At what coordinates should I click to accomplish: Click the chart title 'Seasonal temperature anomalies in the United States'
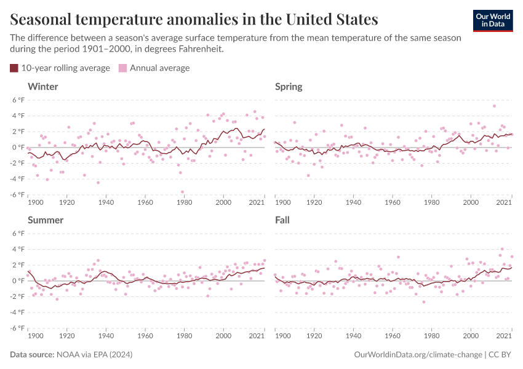pyautogui.click(x=194, y=19)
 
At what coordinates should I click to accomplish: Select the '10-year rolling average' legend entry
pyautogui.click(x=60, y=68)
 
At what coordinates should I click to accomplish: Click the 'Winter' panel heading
pyautogui.click(x=43, y=87)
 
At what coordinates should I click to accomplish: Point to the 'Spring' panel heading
pyautogui.click(x=289, y=87)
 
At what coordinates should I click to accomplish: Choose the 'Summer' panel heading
pyautogui.click(x=46, y=220)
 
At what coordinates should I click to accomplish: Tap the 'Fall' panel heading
pyautogui.click(x=282, y=220)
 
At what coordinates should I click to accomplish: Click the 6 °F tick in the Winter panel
pyautogui.click(x=18, y=100)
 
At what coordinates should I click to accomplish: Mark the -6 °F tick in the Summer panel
pyautogui.click(x=17, y=328)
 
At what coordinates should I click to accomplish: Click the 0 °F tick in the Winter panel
pyautogui.click(x=18, y=148)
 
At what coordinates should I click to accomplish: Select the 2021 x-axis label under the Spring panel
pyautogui.click(x=505, y=202)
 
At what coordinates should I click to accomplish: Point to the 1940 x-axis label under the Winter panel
pyautogui.click(x=106, y=202)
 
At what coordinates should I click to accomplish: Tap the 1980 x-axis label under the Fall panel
pyautogui.click(x=431, y=335)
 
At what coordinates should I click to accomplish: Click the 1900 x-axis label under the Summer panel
pyautogui.click(x=35, y=335)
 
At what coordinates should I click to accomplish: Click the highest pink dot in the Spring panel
pyautogui.click(x=494, y=106)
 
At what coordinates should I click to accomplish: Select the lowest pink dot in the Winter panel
pyautogui.click(x=183, y=192)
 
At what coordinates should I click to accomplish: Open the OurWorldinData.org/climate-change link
pyautogui.click(x=418, y=355)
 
